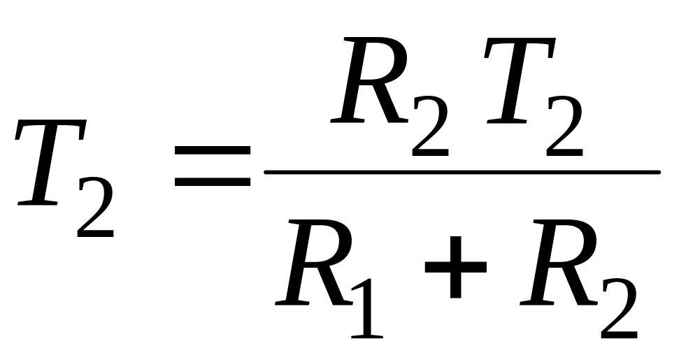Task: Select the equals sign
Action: pyautogui.click(x=213, y=167)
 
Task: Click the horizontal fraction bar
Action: pyautogui.click(x=462, y=171)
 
